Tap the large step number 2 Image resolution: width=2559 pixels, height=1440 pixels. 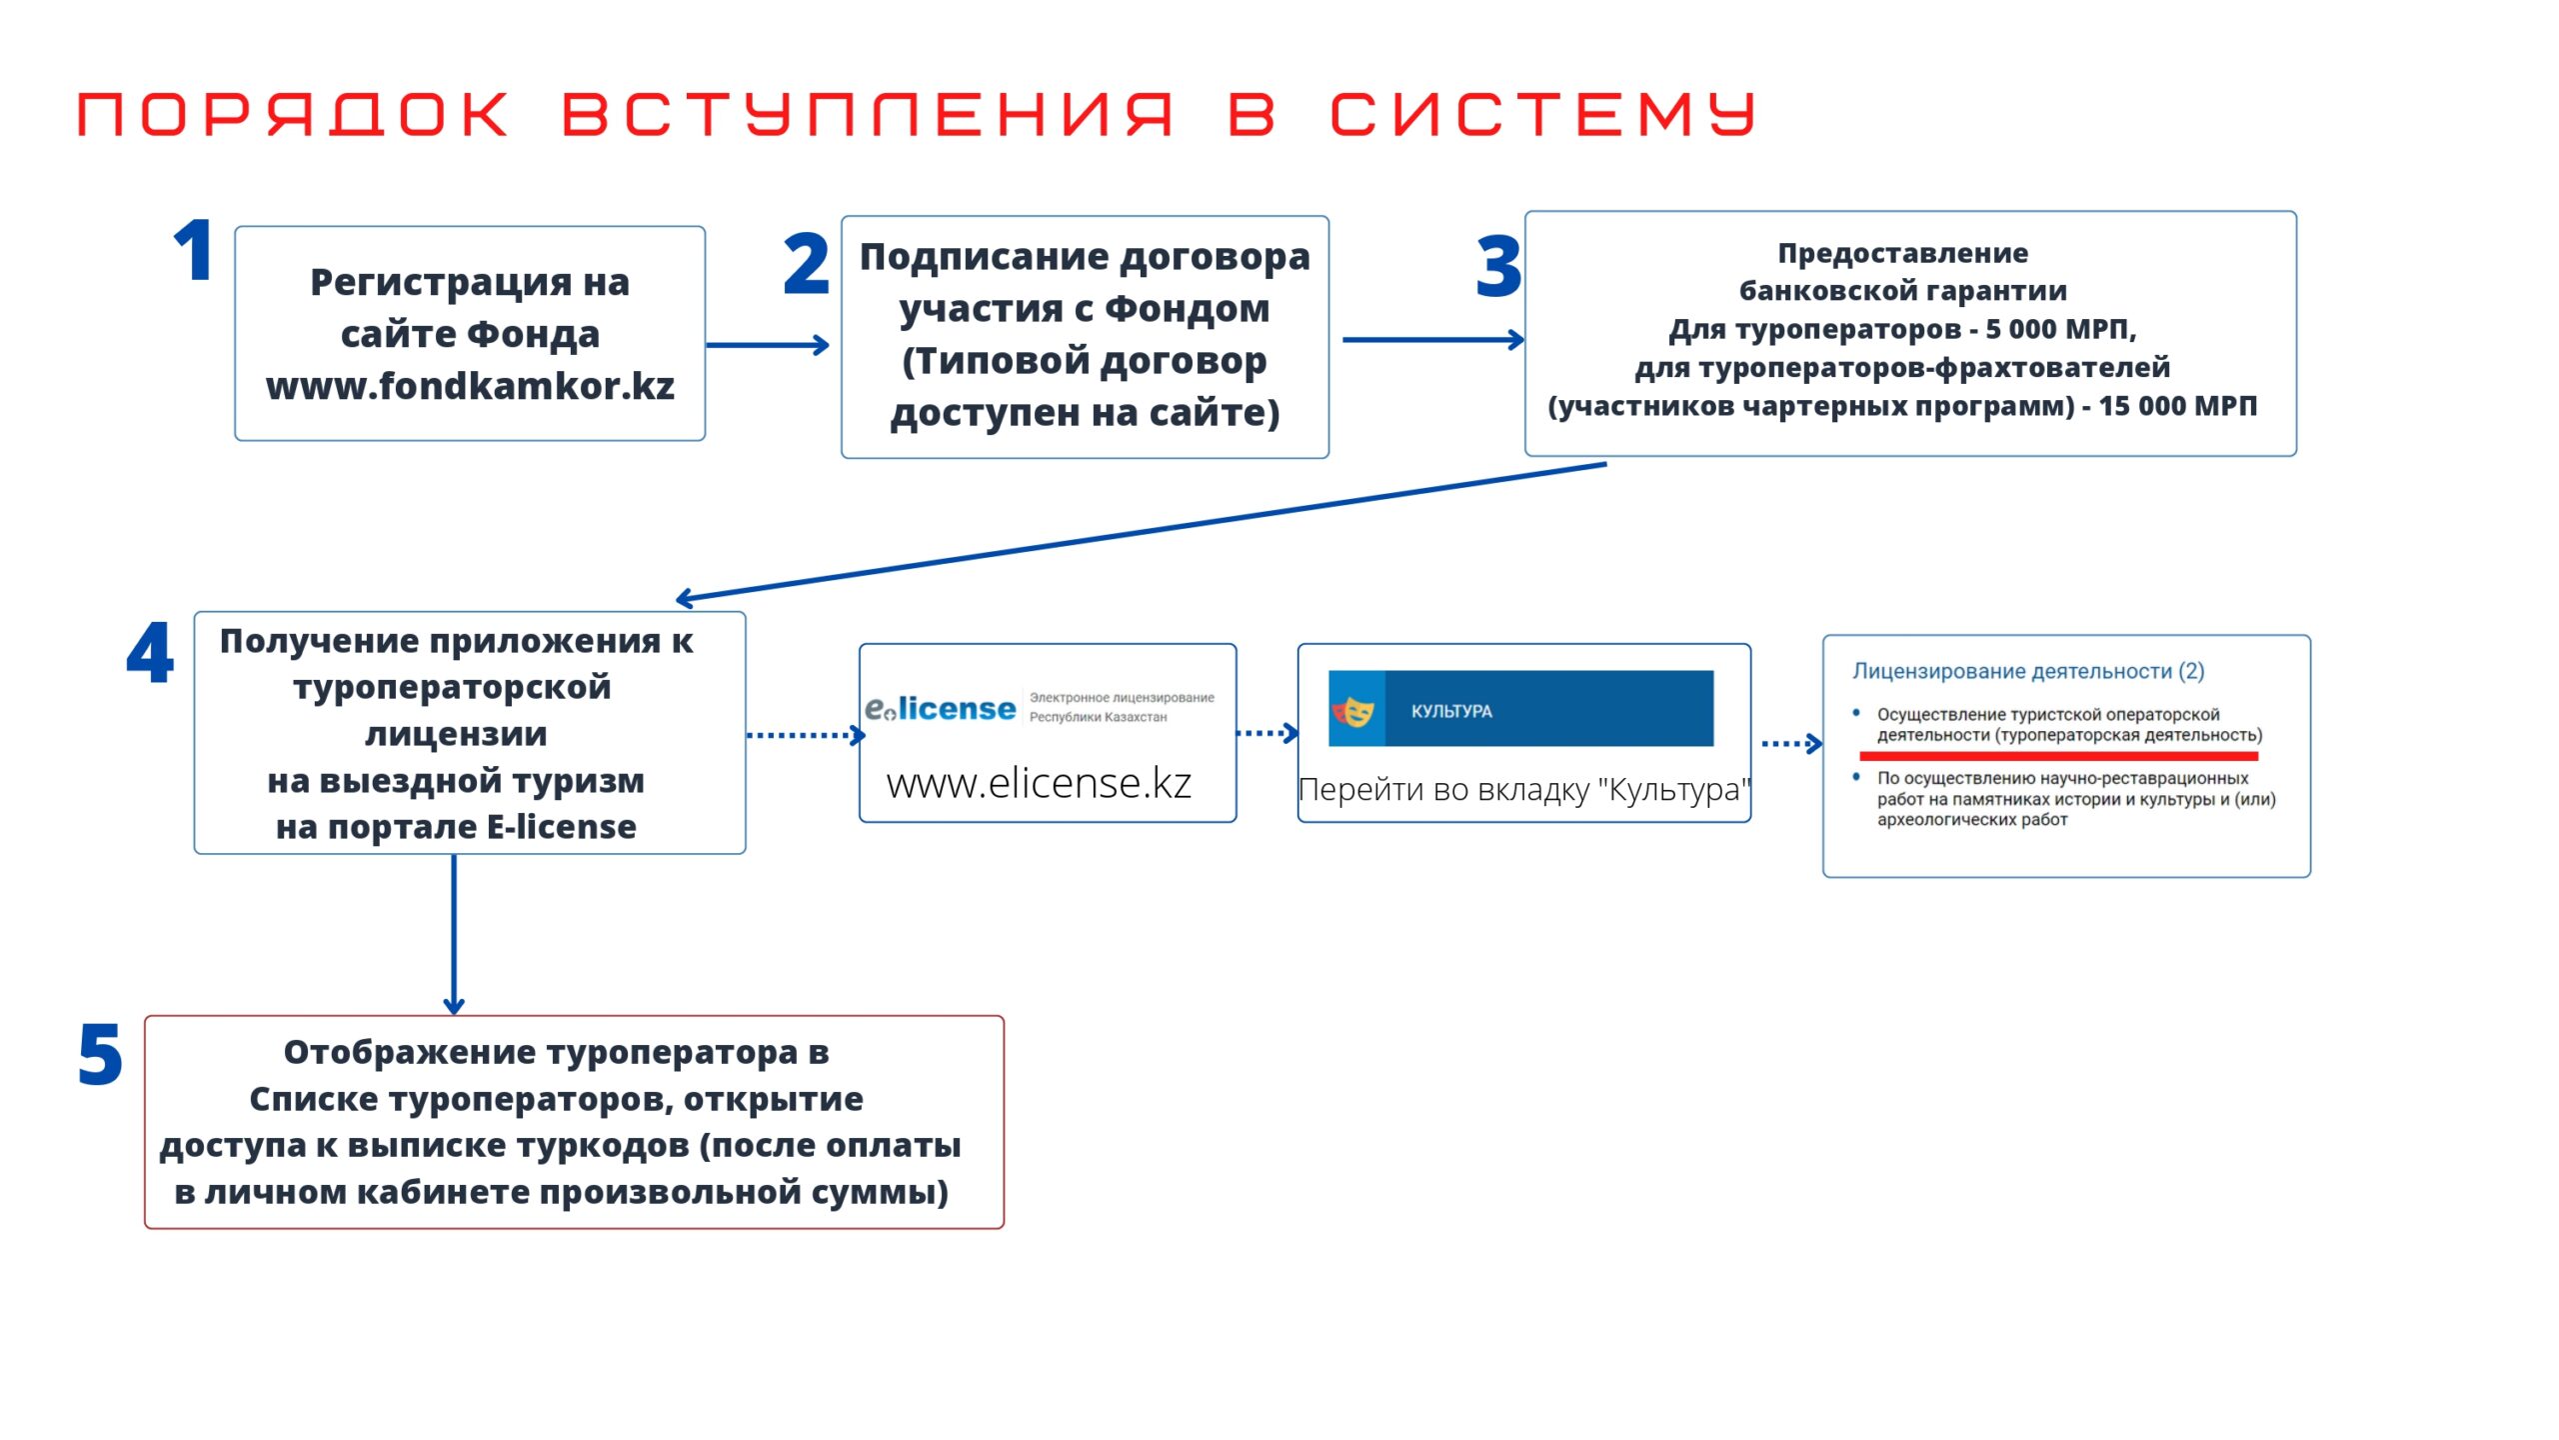pyautogui.click(x=806, y=264)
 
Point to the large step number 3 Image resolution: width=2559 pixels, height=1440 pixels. pyautogui.click(x=1497, y=267)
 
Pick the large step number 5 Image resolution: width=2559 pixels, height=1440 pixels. pyautogui.click(x=100, y=1055)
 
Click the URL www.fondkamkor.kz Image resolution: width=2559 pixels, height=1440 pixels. pyautogui.click(x=470, y=386)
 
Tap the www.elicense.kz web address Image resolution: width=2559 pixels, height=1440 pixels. pyautogui.click(x=1039, y=783)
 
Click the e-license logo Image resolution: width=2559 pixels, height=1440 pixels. pyautogui.click(x=941, y=708)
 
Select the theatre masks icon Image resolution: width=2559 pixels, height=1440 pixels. pyautogui.click(x=1354, y=710)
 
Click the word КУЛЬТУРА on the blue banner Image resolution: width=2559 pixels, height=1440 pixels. pyautogui.click(x=1451, y=711)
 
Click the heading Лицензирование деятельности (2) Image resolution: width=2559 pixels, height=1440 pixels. pyautogui.click(x=2027, y=671)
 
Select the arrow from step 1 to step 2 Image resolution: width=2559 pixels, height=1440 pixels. pyautogui.click(x=768, y=345)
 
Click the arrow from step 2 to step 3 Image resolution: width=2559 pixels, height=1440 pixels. pyautogui.click(x=1432, y=340)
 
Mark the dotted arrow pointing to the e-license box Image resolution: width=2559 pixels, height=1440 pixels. pyautogui.click(x=805, y=735)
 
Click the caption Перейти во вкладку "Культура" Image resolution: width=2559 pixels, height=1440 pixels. pyautogui.click(x=1523, y=789)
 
